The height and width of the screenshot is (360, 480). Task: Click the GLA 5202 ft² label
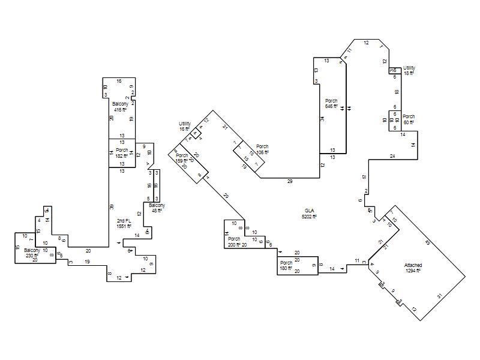coord(310,214)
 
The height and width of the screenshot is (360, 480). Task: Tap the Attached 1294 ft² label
coord(413,268)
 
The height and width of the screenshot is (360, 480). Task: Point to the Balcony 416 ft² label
coord(120,107)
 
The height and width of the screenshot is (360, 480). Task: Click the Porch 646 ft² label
coord(331,104)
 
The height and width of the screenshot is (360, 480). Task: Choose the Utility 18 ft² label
coord(409,70)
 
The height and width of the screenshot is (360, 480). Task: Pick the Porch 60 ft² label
coord(409,119)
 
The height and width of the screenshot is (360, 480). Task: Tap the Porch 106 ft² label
coord(262,149)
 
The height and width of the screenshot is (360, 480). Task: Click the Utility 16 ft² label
coord(184,127)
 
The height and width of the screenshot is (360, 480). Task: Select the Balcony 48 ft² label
coord(156,208)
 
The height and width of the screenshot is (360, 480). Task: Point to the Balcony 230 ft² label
coord(32,253)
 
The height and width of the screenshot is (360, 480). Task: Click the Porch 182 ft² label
coord(122,153)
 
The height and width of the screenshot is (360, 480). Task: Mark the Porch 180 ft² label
coord(286,266)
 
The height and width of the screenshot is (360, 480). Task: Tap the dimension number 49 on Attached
coord(428,242)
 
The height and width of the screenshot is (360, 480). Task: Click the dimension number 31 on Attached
coord(440,296)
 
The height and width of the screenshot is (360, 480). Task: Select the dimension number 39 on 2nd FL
coord(112,207)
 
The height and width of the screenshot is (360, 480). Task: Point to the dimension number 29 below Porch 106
coord(290,181)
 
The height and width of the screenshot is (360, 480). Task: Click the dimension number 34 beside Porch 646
coord(322,119)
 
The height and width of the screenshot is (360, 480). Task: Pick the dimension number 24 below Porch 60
coord(392,156)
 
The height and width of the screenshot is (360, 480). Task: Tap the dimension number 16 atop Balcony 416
coord(119,81)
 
